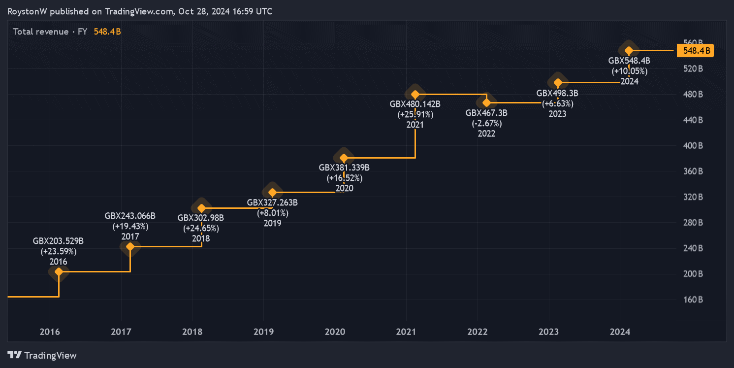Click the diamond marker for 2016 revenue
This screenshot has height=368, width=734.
[59, 271]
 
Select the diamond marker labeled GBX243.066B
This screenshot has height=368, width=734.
[130, 246]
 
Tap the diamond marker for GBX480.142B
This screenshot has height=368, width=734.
[415, 94]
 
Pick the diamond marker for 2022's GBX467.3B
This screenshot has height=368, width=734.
[486, 102]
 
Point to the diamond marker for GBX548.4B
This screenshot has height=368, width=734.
[629, 50]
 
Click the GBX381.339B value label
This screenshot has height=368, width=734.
[344, 167]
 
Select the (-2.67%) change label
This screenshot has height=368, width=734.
[486, 123]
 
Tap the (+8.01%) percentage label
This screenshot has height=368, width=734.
[272, 213]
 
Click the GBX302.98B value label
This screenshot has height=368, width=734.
[201, 218]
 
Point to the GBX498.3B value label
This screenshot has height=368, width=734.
[557, 93]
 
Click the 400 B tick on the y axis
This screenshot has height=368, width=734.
[693, 146]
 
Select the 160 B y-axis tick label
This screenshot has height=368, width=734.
[693, 300]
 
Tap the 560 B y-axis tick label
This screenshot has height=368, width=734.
[693, 43]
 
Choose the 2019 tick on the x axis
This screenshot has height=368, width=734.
[264, 332]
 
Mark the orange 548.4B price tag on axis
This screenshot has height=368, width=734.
[695, 50]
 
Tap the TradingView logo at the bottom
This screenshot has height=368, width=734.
[42, 355]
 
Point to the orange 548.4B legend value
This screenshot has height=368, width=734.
[107, 32]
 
